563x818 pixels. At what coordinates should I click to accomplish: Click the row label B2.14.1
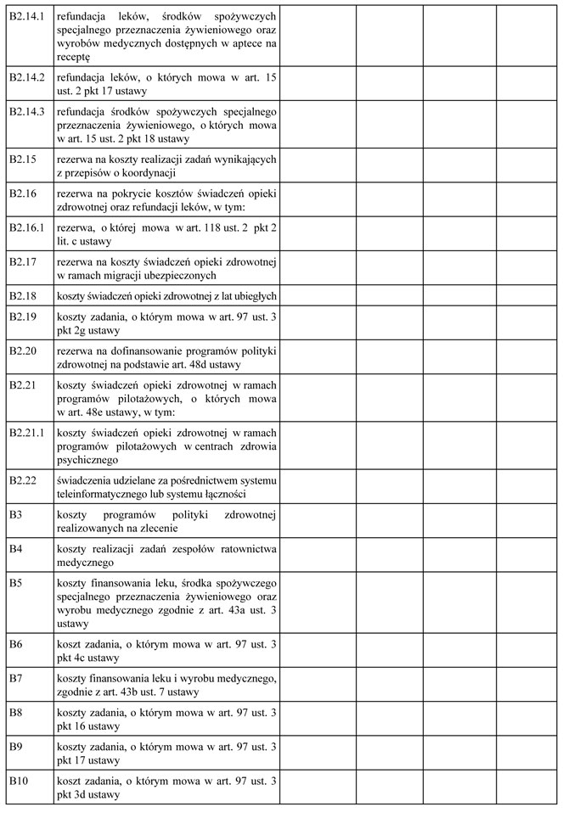click(25, 16)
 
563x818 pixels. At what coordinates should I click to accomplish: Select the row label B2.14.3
click(25, 111)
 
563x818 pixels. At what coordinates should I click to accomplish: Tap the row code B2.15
click(22, 159)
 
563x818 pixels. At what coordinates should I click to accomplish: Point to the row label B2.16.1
click(25, 228)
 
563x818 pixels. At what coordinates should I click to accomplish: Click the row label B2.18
click(22, 295)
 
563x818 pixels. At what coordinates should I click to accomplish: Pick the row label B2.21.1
click(25, 432)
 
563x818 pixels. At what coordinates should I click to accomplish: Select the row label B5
click(15, 582)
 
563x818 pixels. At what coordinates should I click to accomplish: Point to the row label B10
click(18, 780)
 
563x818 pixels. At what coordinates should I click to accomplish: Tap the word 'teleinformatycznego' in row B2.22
click(106, 494)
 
